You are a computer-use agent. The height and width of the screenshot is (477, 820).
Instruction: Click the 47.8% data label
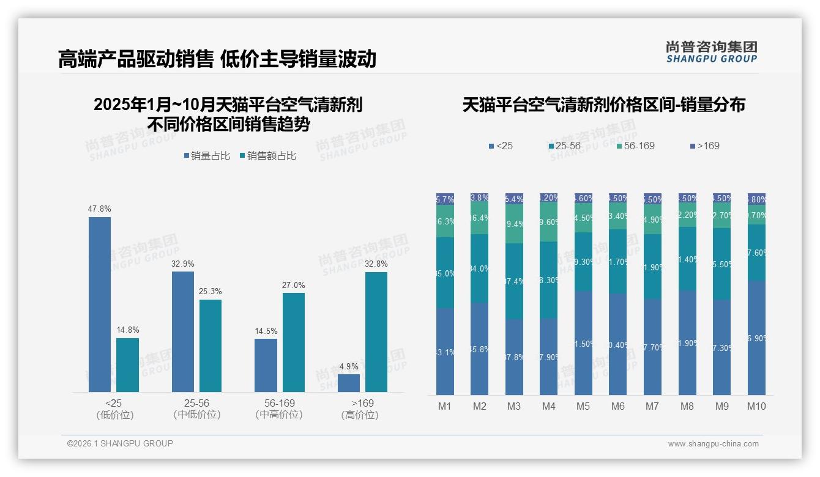(100, 209)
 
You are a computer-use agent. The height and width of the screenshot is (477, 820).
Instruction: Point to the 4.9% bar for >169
(349, 383)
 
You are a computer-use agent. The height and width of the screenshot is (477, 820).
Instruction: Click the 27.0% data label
(294, 286)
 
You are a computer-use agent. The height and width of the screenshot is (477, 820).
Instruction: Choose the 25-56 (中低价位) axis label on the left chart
(196, 409)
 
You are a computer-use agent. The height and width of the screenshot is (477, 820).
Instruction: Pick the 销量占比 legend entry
(207, 156)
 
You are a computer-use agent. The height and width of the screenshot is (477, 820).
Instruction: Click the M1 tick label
(444, 406)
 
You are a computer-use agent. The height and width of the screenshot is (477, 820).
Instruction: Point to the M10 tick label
(756, 406)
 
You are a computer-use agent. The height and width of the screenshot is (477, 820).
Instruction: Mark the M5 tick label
(583, 406)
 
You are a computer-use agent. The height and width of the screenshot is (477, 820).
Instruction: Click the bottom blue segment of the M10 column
(756, 338)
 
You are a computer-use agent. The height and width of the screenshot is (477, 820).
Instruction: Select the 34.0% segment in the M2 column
(479, 268)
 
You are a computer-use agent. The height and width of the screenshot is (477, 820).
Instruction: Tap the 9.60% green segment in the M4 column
(548, 222)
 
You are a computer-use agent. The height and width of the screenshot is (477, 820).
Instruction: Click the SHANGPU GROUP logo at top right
(711, 52)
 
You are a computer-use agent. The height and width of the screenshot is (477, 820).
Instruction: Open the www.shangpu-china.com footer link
(713, 444)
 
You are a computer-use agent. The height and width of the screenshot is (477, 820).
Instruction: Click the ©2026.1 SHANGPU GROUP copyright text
(120, 443)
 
